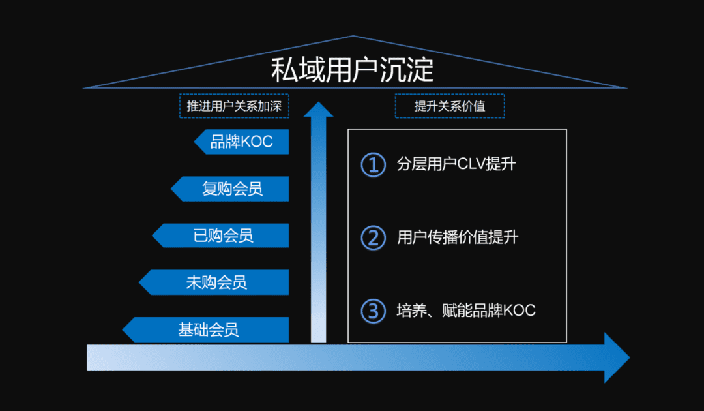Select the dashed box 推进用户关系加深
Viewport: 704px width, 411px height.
(x=234, y=106)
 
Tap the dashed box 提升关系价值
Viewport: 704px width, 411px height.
(x=450, y=106)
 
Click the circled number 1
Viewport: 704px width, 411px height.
(x=374, y=164)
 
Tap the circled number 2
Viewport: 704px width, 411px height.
(x=374, y=237)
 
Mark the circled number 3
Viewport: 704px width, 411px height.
(x=374, y=311)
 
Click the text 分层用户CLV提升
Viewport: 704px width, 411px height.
(x=456, y=164)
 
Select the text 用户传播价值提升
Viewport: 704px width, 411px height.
(x=458, y=237)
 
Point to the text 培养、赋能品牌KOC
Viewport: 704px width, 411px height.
(x=466, y=311)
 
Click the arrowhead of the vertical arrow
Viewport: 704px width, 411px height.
(x=318, y=110)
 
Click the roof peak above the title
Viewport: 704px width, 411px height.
(x=353, y=37)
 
